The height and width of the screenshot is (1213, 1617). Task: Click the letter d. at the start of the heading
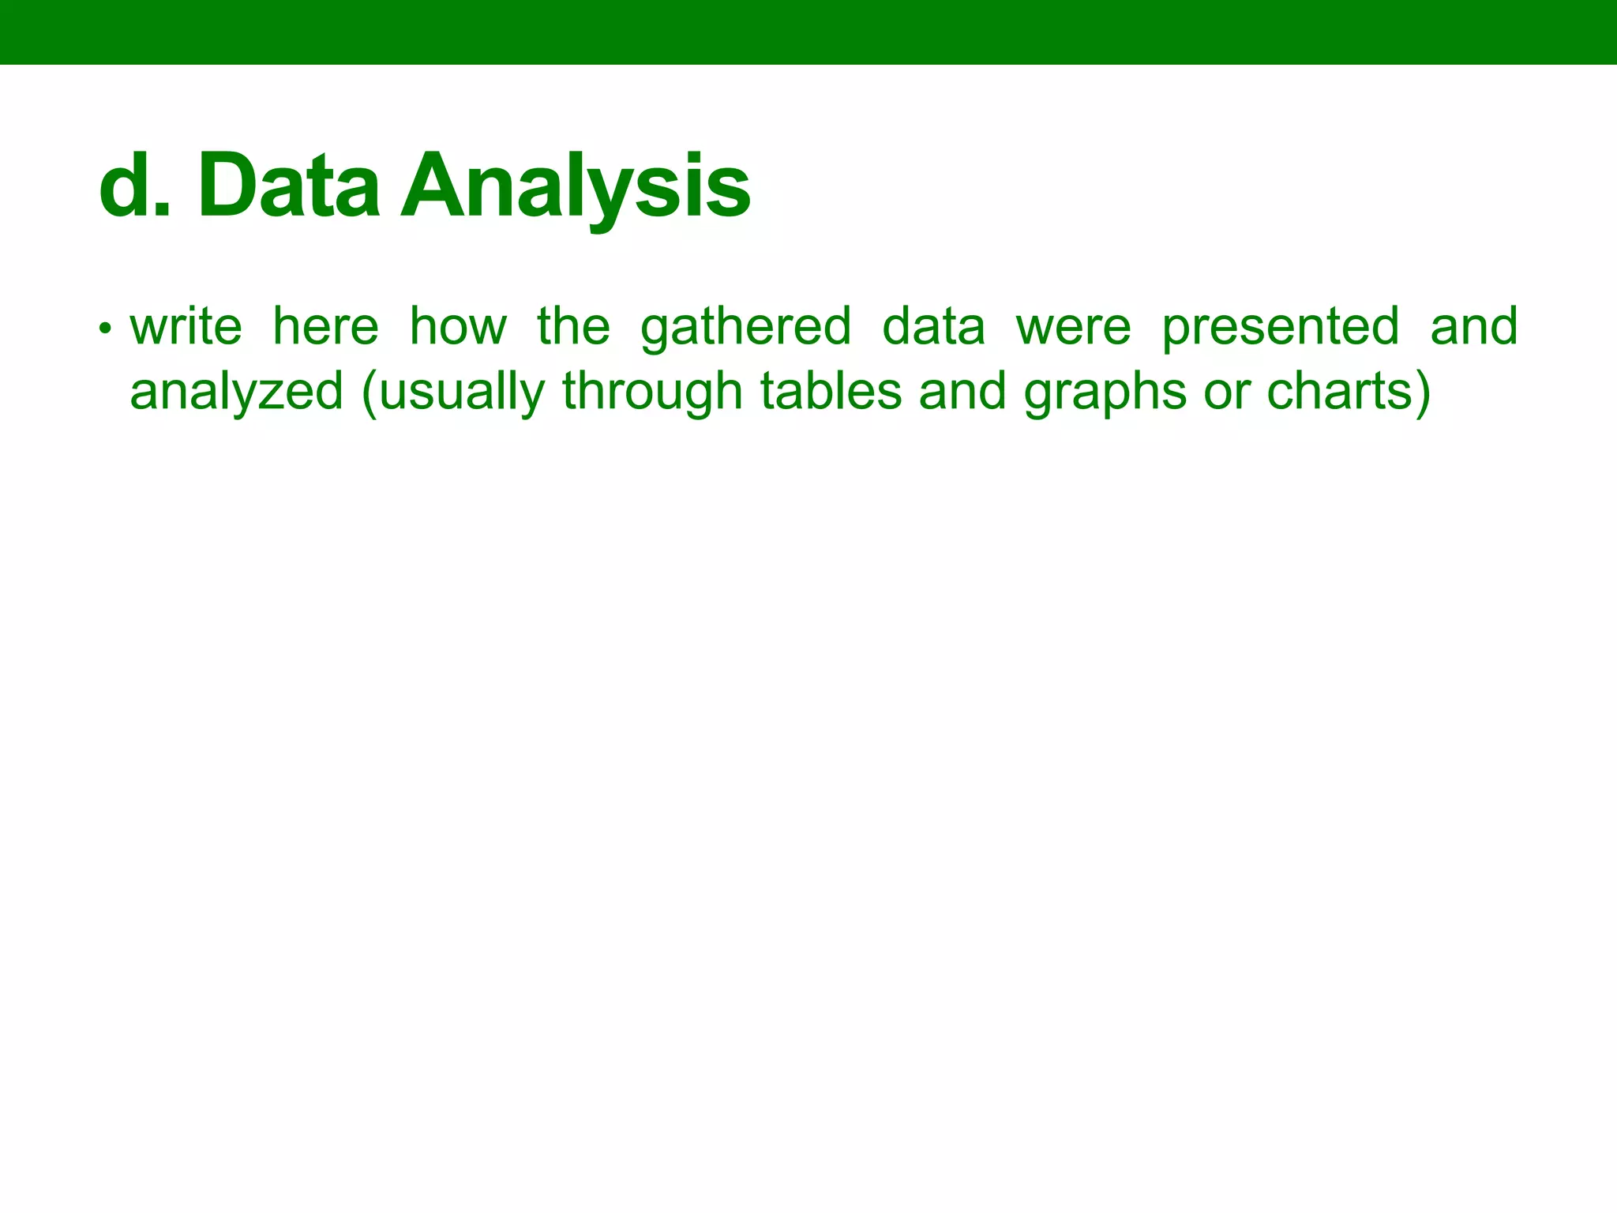click(x=134, y=186)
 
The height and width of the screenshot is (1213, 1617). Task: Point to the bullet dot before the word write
click(x=103, y=328)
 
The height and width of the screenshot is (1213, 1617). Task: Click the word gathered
click(x=746, y=327)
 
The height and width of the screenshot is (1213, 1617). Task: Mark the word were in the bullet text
click(x=1074, y=327)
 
